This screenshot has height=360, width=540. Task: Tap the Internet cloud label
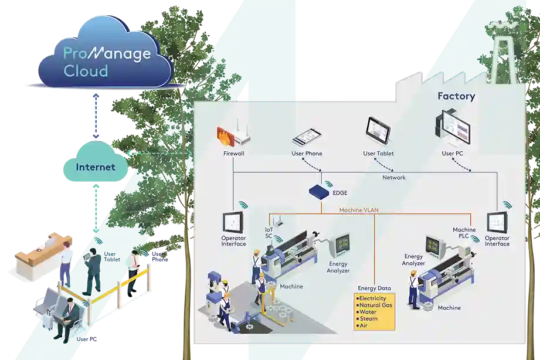tap(95, 167)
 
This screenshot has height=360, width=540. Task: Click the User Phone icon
tap(307, 137)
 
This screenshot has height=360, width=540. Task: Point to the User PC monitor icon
tap(454, 128)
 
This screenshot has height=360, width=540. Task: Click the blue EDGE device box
tap(320, 191)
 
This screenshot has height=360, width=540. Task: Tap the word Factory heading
tap(456, 96)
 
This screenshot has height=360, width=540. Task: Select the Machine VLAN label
tap(359, 210)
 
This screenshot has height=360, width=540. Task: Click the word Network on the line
tap(393, 177)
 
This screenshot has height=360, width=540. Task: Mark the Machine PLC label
tap(464, 232)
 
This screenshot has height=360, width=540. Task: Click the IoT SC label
tap(269, 233)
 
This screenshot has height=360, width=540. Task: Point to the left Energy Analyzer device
tap(340, 246)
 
